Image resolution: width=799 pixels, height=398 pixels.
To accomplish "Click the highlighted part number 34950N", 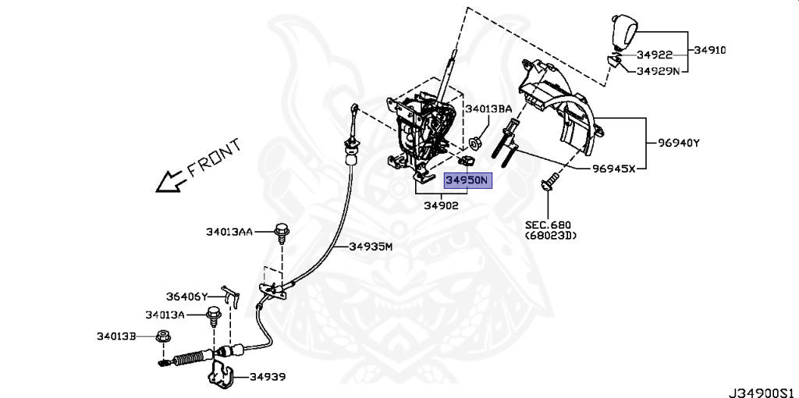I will (466, 181).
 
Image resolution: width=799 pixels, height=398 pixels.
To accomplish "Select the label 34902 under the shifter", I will (441, 206).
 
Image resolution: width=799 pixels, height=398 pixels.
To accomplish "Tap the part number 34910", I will (709, 50).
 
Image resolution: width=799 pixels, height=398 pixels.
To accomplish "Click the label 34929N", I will (658, 70).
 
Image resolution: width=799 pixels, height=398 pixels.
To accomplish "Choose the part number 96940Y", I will (678, 143).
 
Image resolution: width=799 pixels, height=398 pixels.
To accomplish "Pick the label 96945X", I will (613, 168).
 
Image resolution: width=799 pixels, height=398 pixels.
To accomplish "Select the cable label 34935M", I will (370, 247).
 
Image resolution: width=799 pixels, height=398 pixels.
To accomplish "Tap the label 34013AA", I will (229, 231).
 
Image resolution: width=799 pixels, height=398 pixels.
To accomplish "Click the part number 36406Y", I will (187, 297).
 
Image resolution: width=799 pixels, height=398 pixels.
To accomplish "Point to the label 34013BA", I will (489, 109).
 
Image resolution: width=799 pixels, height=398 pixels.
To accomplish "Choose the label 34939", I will (268, 377).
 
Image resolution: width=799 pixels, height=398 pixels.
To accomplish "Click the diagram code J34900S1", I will (761, 388).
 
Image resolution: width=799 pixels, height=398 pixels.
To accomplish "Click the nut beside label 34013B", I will (164, 337).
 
